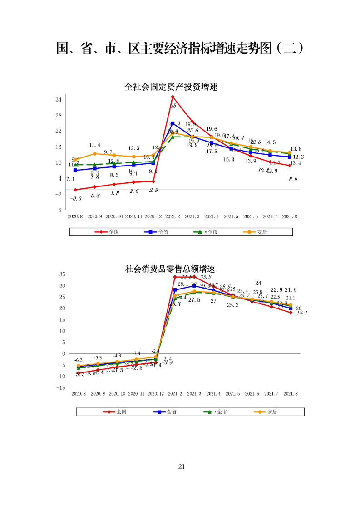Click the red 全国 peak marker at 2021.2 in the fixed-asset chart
click(173, 97)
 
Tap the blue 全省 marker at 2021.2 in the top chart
click(173, 123)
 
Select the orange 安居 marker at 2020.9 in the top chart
click(94, 153)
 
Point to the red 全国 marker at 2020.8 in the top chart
click(75, 189)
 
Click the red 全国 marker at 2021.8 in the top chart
click(290, 166)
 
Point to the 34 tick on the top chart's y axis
click(59, 99)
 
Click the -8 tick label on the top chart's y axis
click(59, 210)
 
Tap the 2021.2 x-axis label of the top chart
click(173, 217)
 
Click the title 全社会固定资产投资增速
click(171, 87)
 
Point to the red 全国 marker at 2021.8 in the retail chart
click(291, 312)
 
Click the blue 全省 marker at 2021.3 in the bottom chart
click(194, 286)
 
